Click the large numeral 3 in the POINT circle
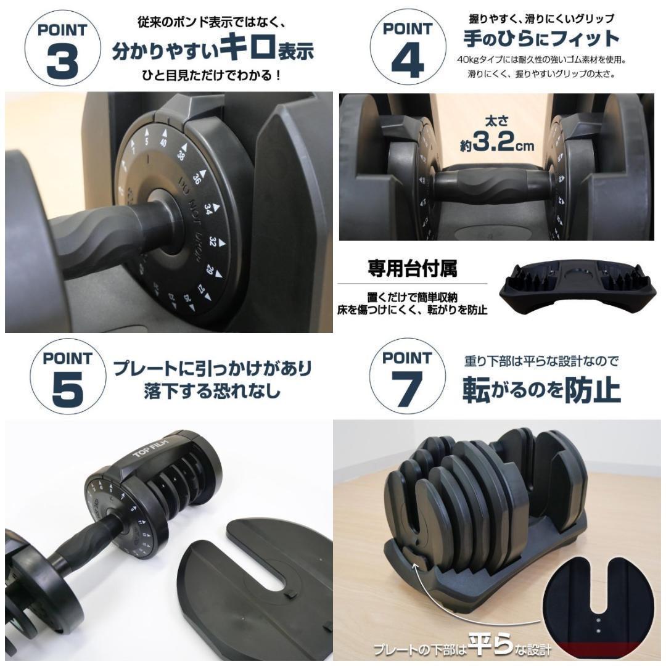pyautogui.click(x=62, y=62)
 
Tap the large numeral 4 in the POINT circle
pyautogui.click(x=407, y=62)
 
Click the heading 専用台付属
pyautogui.click(x=413, y=269)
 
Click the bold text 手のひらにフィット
pyautogui.click(x=541, y=38)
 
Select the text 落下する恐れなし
pyautogui.click(x=212, y=391)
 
